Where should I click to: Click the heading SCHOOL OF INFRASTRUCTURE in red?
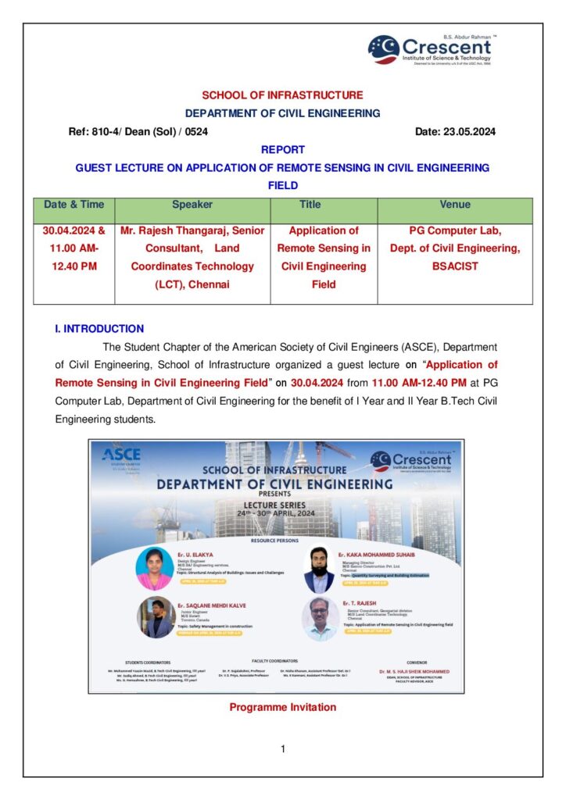[282, 95]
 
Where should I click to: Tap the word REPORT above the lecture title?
[282, 149]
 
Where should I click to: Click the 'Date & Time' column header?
[73, 205]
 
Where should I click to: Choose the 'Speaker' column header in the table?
[192, 205]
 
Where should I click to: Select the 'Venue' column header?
[455, 205]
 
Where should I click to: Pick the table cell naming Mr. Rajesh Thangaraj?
[192, 258]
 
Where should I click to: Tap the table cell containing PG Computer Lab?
[455, 248]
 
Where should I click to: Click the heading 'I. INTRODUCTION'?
[99, 329]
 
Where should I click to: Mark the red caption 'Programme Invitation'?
[282, 707]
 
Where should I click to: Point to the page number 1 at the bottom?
[282, 749]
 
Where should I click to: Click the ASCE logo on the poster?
[121, 455]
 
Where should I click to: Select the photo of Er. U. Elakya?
[154, 568]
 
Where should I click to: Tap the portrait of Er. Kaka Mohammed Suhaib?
[320, 569]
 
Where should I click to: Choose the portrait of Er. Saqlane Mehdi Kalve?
[156, 617]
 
